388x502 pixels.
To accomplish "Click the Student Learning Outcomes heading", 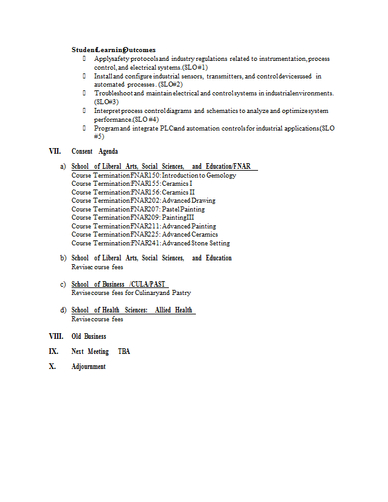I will point(114,50).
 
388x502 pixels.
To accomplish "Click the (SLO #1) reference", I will point(195,67).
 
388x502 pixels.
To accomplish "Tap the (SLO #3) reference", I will point(106,101).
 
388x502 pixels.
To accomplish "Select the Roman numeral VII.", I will point(56,151).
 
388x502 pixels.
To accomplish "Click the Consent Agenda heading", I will point(95,151).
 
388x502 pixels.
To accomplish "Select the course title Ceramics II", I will point(179,192).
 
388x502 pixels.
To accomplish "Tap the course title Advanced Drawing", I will point(189,200).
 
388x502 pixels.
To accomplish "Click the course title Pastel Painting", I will point(183,209).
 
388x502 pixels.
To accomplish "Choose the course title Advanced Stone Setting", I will point(197,243).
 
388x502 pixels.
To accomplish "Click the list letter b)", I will point(63,258).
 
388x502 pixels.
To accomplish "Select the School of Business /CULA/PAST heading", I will point(119,284).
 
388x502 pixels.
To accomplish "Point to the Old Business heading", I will point(89,336).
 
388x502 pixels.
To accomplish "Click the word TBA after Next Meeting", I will point(124,351).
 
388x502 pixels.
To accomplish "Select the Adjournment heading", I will point(89,366).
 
